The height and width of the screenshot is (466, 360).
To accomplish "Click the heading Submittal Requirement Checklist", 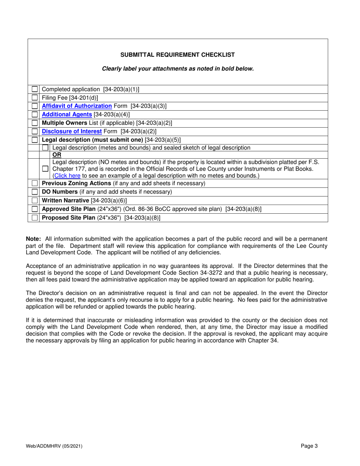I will [x=177, y=55].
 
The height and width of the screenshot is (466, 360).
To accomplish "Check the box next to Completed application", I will [x=35, y=89].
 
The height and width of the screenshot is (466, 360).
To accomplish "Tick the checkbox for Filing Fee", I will [x=35, y=98].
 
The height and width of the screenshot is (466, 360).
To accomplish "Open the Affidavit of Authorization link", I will [x=77, y=106].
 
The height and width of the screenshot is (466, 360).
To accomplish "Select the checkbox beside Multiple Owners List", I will [x=35, y=123].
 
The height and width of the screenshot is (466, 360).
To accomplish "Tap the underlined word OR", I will [x=56, y=155].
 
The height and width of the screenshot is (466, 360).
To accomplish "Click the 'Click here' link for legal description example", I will [x=66, y=176].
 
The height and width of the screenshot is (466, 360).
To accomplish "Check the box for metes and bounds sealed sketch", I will [x=45, y=148].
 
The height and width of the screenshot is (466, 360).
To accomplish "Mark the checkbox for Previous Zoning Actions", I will [x=35, y=183].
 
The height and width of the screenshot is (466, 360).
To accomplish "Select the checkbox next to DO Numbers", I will [x=35, y=192].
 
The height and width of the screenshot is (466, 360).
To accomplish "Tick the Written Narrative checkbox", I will [x=35, y=200].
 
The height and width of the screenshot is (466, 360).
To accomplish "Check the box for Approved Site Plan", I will [x=35, y=209].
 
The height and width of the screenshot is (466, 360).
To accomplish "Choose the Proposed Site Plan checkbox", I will [x=35, y=217].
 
